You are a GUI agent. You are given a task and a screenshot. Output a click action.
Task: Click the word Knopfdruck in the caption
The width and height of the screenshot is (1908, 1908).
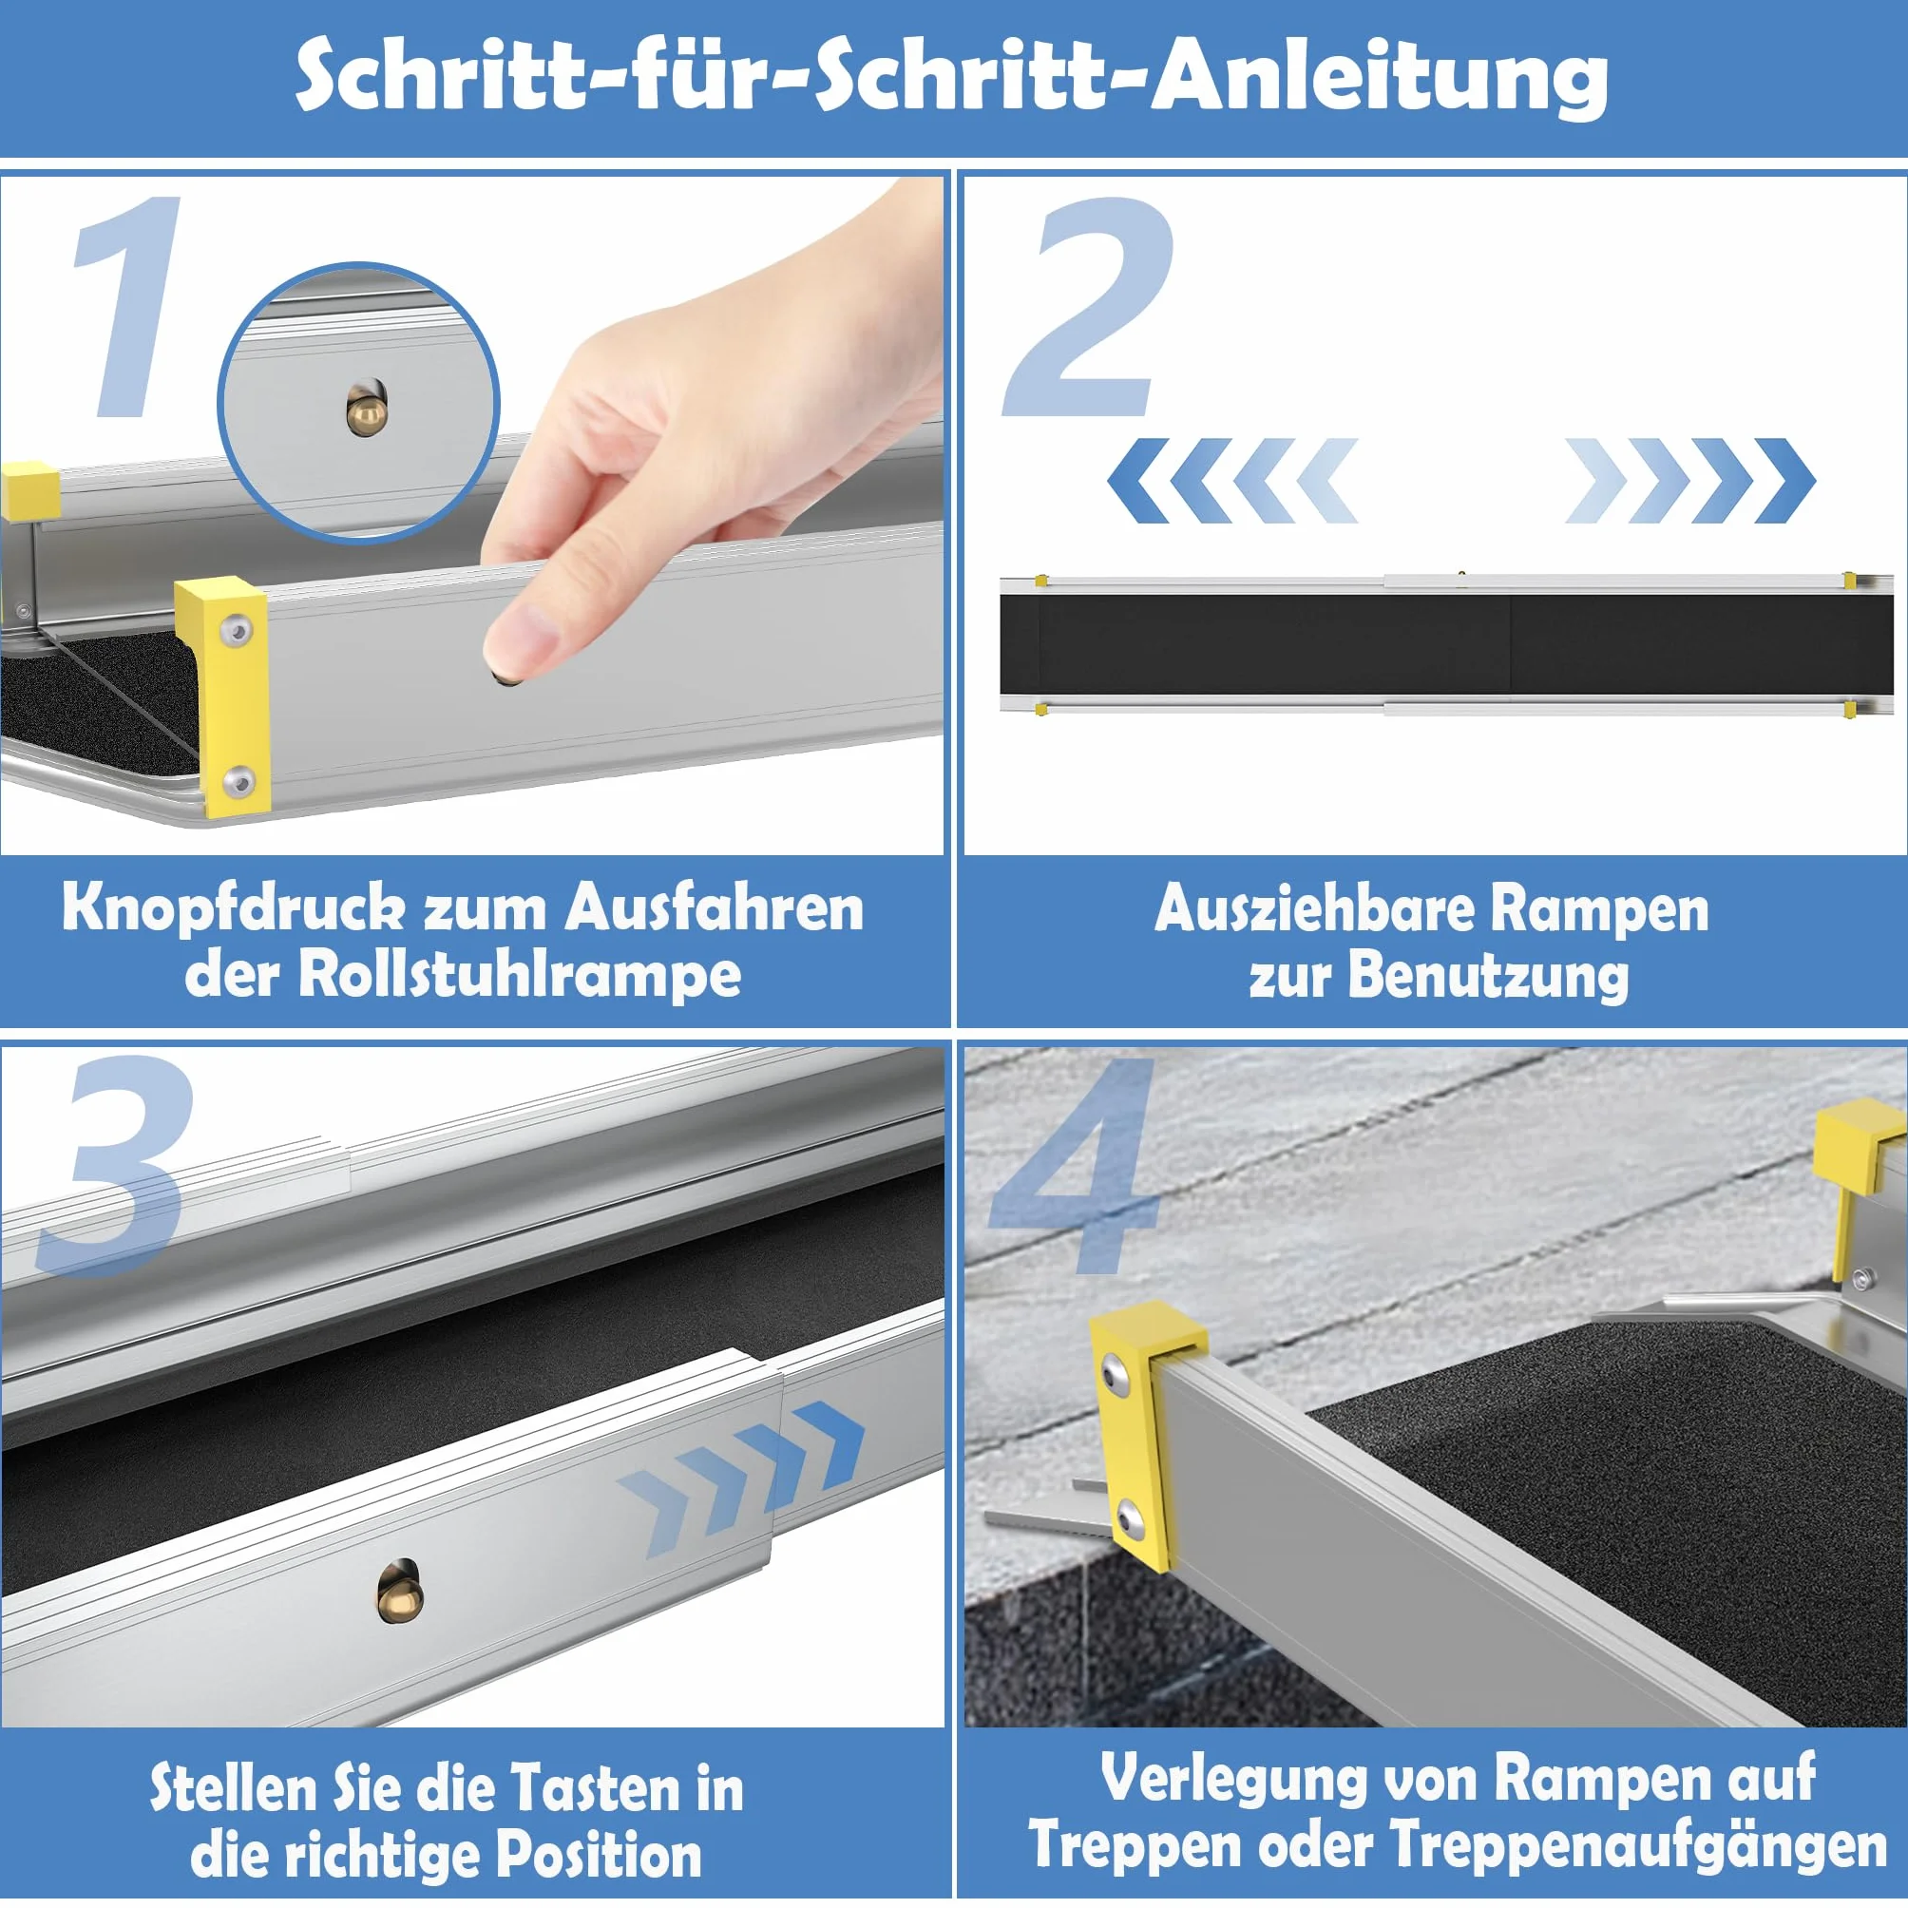pyautogui.click(x=233, y=908)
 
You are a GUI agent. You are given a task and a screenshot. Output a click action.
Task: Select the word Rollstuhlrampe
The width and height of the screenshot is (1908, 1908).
pyautogui.click(x=520, y=976)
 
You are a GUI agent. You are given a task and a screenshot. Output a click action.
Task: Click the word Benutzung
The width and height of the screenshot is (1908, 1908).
pyautogui.click(x=1488, y=976)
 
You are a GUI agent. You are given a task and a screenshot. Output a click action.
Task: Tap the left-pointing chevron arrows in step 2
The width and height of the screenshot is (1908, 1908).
pyautogui.click(x=1232, y=480)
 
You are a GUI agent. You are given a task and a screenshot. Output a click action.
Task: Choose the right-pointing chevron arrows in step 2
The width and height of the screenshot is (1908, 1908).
pyautogui.click(x=1689, y=480)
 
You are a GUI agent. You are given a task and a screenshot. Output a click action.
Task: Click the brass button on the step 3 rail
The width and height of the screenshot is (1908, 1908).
pyautogui.click(x=399, y=1590)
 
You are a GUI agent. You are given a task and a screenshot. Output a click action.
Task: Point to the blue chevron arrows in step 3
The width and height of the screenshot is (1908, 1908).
pyautogui.click(x=742, y=1476)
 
